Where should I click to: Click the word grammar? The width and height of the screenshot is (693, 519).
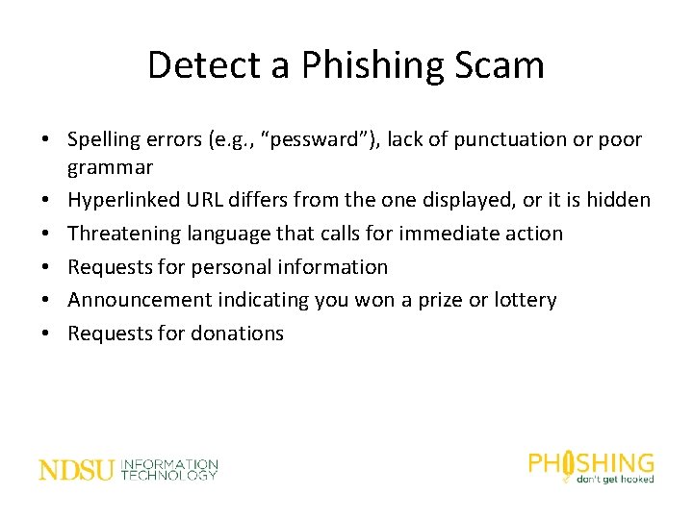(110, 168)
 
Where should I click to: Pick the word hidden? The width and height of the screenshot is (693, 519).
(618, 201)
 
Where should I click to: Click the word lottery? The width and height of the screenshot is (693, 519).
(523, 300)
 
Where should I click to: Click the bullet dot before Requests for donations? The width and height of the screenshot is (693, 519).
(45, 334)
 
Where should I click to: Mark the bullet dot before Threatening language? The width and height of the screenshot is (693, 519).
(45, 234)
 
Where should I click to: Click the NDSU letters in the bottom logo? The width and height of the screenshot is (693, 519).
(76, 470)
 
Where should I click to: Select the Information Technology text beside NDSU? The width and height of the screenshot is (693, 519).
(169, 470)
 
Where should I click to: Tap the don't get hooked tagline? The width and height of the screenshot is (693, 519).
(614, 478)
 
